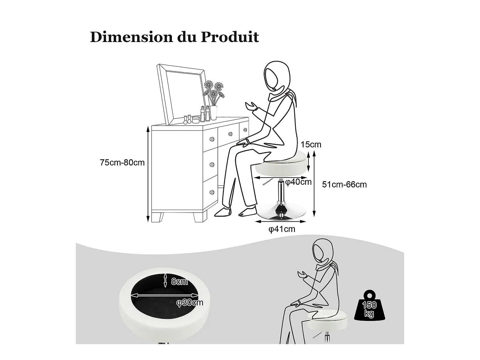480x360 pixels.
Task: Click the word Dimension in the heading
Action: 132,37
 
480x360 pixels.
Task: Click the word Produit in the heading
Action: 230,37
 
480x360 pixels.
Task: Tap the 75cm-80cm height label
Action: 122,163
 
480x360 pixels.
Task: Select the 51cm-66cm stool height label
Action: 344,184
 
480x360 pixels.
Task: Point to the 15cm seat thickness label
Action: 311,145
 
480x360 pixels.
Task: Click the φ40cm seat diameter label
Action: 298,182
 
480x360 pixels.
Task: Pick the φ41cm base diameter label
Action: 282,229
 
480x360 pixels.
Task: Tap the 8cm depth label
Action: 179,282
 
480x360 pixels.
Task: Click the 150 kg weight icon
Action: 369,306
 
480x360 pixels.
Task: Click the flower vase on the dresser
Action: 213,113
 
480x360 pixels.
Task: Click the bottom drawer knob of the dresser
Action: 212,192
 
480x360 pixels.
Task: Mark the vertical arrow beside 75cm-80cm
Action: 148,174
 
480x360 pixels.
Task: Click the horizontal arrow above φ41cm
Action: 280,222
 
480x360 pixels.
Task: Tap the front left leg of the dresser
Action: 157,217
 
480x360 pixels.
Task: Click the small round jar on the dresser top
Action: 196,120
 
